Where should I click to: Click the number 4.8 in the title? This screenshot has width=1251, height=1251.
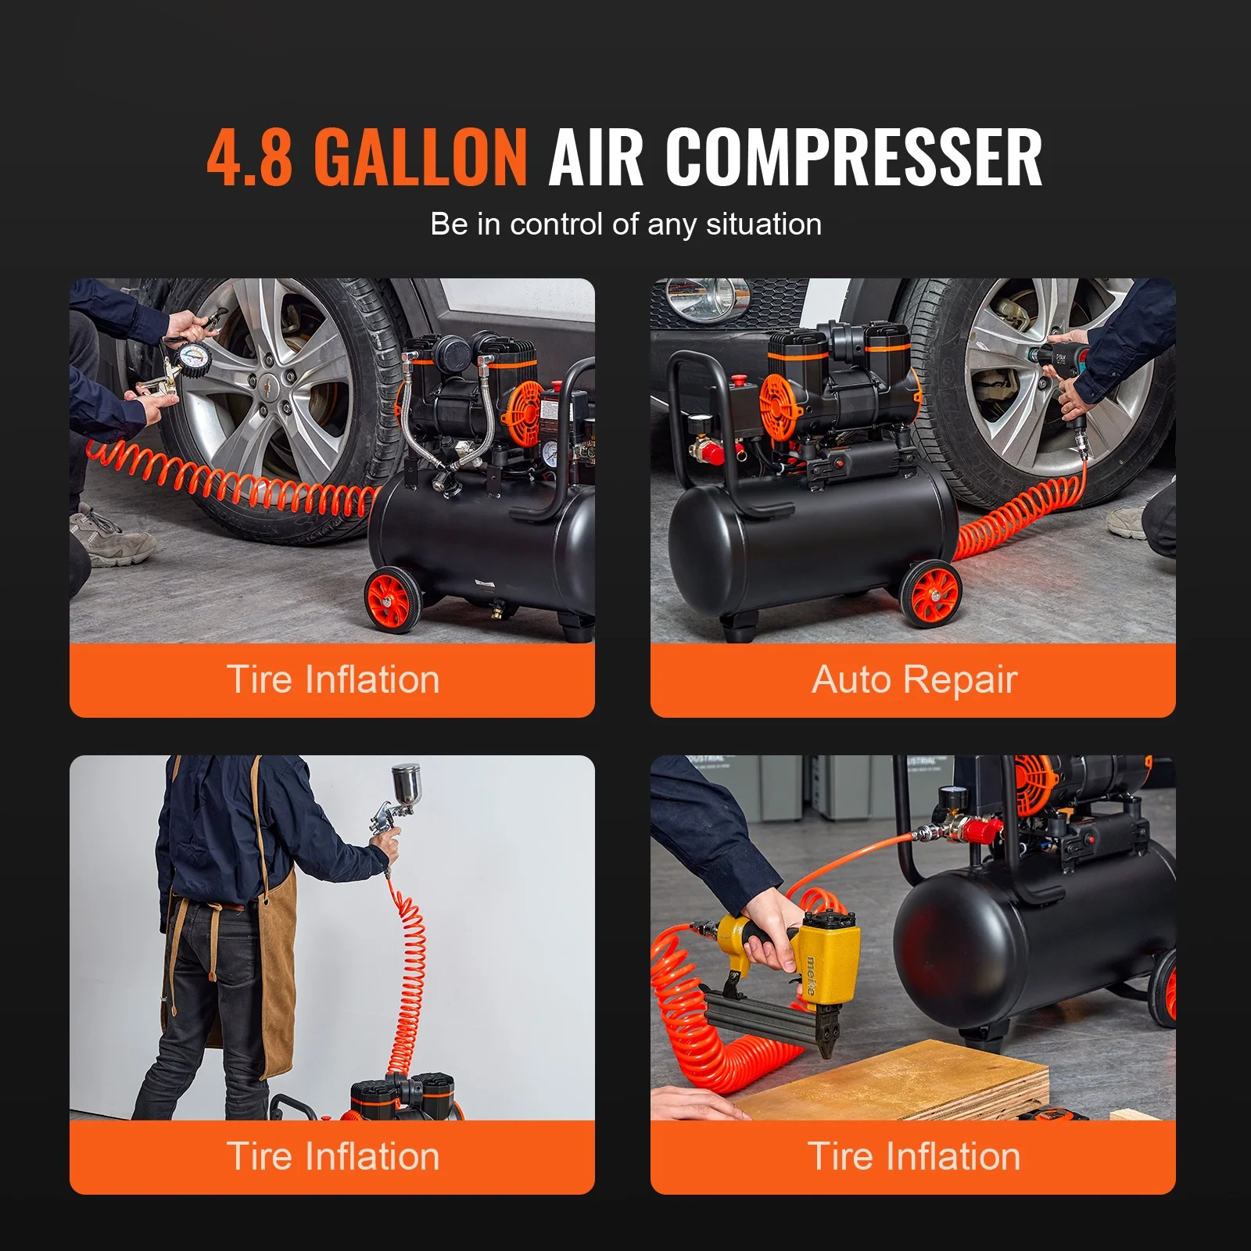(250, 158)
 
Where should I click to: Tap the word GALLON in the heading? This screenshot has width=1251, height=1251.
(421, 158)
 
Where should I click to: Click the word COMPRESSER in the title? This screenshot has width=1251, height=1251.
(854, 158)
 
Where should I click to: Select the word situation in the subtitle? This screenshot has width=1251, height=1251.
(763, 224)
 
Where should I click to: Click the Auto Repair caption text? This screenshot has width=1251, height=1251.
(914, 679)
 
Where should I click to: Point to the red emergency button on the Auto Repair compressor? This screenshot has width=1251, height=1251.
(737, 382)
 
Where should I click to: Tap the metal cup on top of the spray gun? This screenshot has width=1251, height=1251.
(406, 783)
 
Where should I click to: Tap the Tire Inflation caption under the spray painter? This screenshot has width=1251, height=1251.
(332, 1156)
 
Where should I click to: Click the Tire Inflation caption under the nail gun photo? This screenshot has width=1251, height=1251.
(914, 1156)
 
